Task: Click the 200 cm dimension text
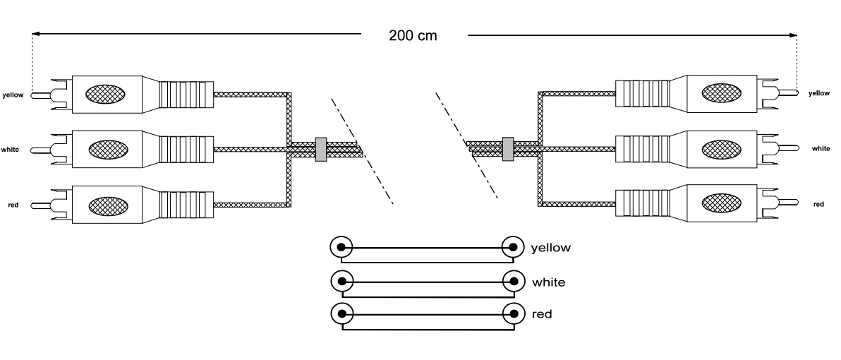(x=413, y=36)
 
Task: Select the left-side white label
(x=11, y=150)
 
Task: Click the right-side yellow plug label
(x=819, y=92)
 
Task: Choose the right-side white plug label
(x=821, y=148)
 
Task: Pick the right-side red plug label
(x=818, y=204)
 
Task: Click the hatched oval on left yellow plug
(x=107, y=94)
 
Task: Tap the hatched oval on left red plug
(x=107, y=205)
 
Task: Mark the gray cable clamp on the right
(x=507, y=148)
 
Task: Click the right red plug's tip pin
(x=789, y=203)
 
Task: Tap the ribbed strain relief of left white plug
(x=186, y=150)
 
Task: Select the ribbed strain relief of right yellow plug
(x=641, y=92)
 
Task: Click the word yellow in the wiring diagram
(x=550, y=248)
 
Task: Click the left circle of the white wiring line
(x=341, y=281)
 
